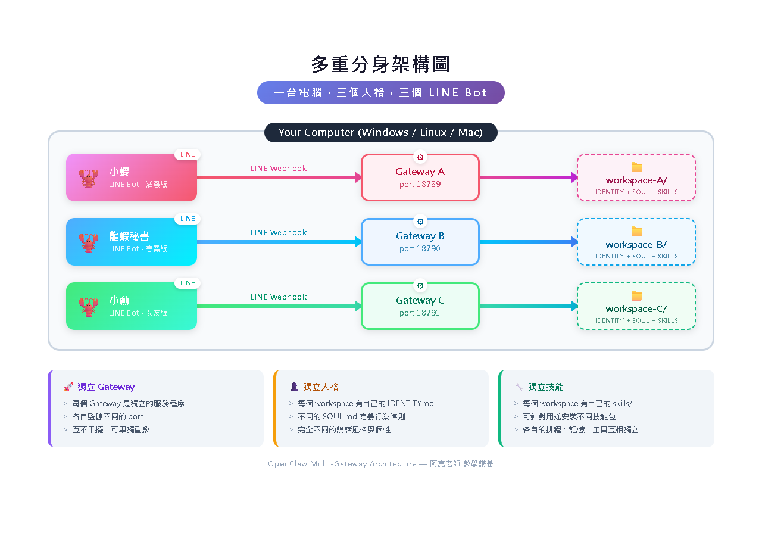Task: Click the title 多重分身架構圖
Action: (380, 64)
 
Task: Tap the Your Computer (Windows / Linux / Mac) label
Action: (380, 132)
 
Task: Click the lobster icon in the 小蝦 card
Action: (89, 178)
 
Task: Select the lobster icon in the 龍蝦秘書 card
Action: (89, 242)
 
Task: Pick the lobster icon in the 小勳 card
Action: (89, 307)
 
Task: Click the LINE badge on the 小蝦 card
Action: (188, 154)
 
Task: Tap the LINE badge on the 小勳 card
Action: (188, 283)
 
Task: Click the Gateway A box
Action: (420, 177)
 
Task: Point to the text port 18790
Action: (420, 248)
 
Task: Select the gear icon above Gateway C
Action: (420, 286)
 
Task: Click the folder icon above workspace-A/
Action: (636, 167)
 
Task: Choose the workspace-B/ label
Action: (636, 245)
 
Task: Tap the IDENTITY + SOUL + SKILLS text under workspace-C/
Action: (636, 320)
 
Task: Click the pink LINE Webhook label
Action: (279, 168)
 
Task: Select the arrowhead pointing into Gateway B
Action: (358, 242)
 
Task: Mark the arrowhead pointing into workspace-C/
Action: (574, 306)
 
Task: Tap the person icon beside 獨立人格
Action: (294, 387)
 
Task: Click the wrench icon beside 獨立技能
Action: (519, 387)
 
